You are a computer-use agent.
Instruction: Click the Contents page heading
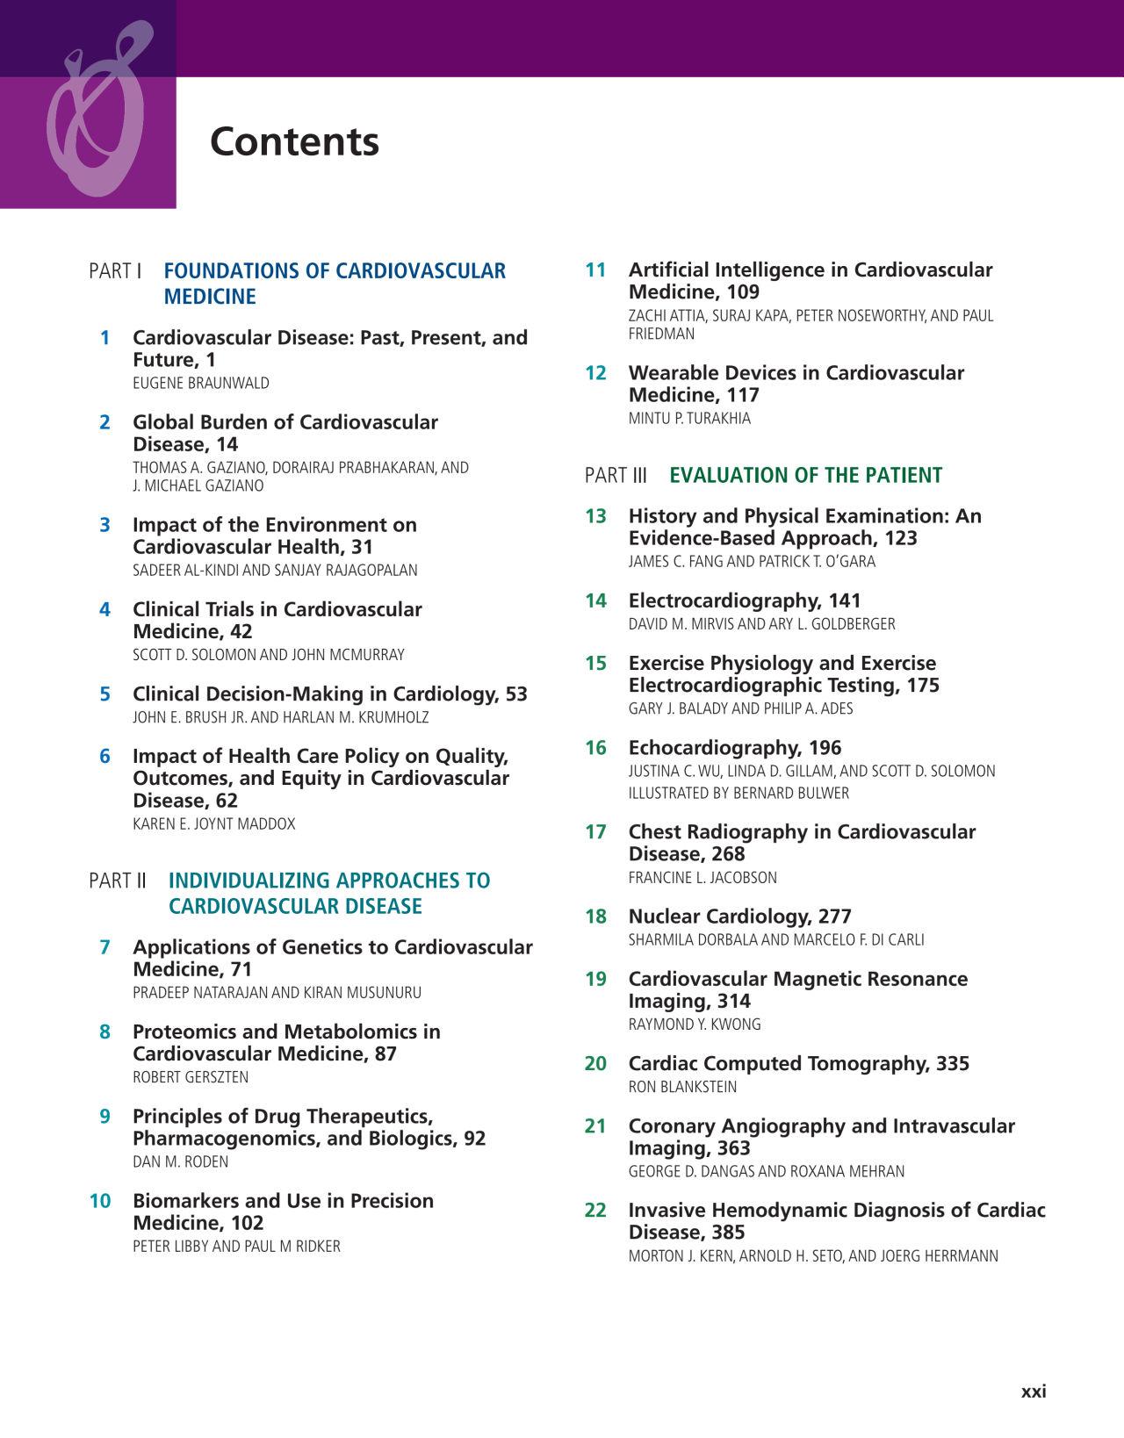[294, 142]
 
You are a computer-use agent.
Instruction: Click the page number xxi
[1034, 1391]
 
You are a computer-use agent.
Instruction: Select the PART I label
[115, 271]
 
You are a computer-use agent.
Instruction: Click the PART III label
[616, 476]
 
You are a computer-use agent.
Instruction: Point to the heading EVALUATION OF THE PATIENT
[805, 476]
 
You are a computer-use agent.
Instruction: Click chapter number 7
[104, 947]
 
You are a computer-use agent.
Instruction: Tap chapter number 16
[595, 748]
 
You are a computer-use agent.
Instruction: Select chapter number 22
[595, 1211]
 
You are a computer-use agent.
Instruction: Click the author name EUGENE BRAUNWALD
[201, 384]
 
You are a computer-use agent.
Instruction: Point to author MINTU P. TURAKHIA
[689, 419]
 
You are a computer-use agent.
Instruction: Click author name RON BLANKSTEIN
[682, 1087]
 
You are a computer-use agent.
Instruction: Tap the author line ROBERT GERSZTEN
[191, 1077]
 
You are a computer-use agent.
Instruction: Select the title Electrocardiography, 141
[745, 601]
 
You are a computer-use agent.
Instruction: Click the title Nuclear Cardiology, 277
[739, 917]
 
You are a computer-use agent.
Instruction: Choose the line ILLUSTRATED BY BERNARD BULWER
[739, 794]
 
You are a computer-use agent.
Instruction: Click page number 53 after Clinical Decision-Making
[516, 694]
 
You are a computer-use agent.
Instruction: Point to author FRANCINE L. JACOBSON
[702, 878]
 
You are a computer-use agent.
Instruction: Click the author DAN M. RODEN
[180, 1162]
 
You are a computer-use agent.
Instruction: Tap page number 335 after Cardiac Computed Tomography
[953, 1064]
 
